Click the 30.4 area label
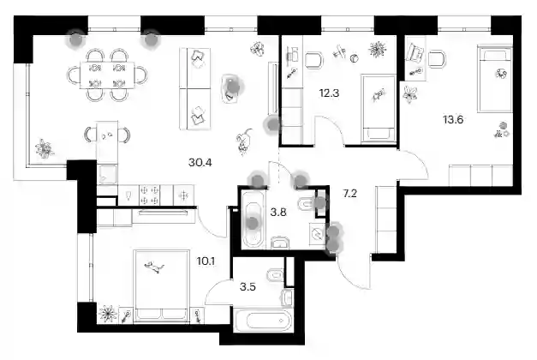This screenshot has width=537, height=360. click(200, 162)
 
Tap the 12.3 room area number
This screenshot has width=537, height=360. click(329, 93)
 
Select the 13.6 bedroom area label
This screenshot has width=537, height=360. click(453, 120)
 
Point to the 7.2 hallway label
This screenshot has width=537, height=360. click(349, 194)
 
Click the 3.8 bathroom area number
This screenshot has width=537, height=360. click(278, 213)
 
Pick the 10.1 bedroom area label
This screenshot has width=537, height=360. click(206, 261)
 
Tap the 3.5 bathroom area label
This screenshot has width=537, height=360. click(248, 286)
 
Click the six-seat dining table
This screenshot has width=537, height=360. click(107, 75)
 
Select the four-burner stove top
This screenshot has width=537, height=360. click(150, 195)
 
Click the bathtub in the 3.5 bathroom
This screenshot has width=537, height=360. click(264, 321)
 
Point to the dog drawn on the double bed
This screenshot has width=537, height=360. click(154, 267)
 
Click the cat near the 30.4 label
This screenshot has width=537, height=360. click(243, 141)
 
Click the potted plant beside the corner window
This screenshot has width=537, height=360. click(45, 149)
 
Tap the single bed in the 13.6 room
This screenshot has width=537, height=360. click(495, 80)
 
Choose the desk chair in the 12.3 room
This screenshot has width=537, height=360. click(313, 60)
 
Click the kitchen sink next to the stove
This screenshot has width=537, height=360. click(128, 195)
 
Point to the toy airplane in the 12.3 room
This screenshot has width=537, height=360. click(339, 51)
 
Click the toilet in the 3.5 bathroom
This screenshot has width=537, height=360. click(275, 275)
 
